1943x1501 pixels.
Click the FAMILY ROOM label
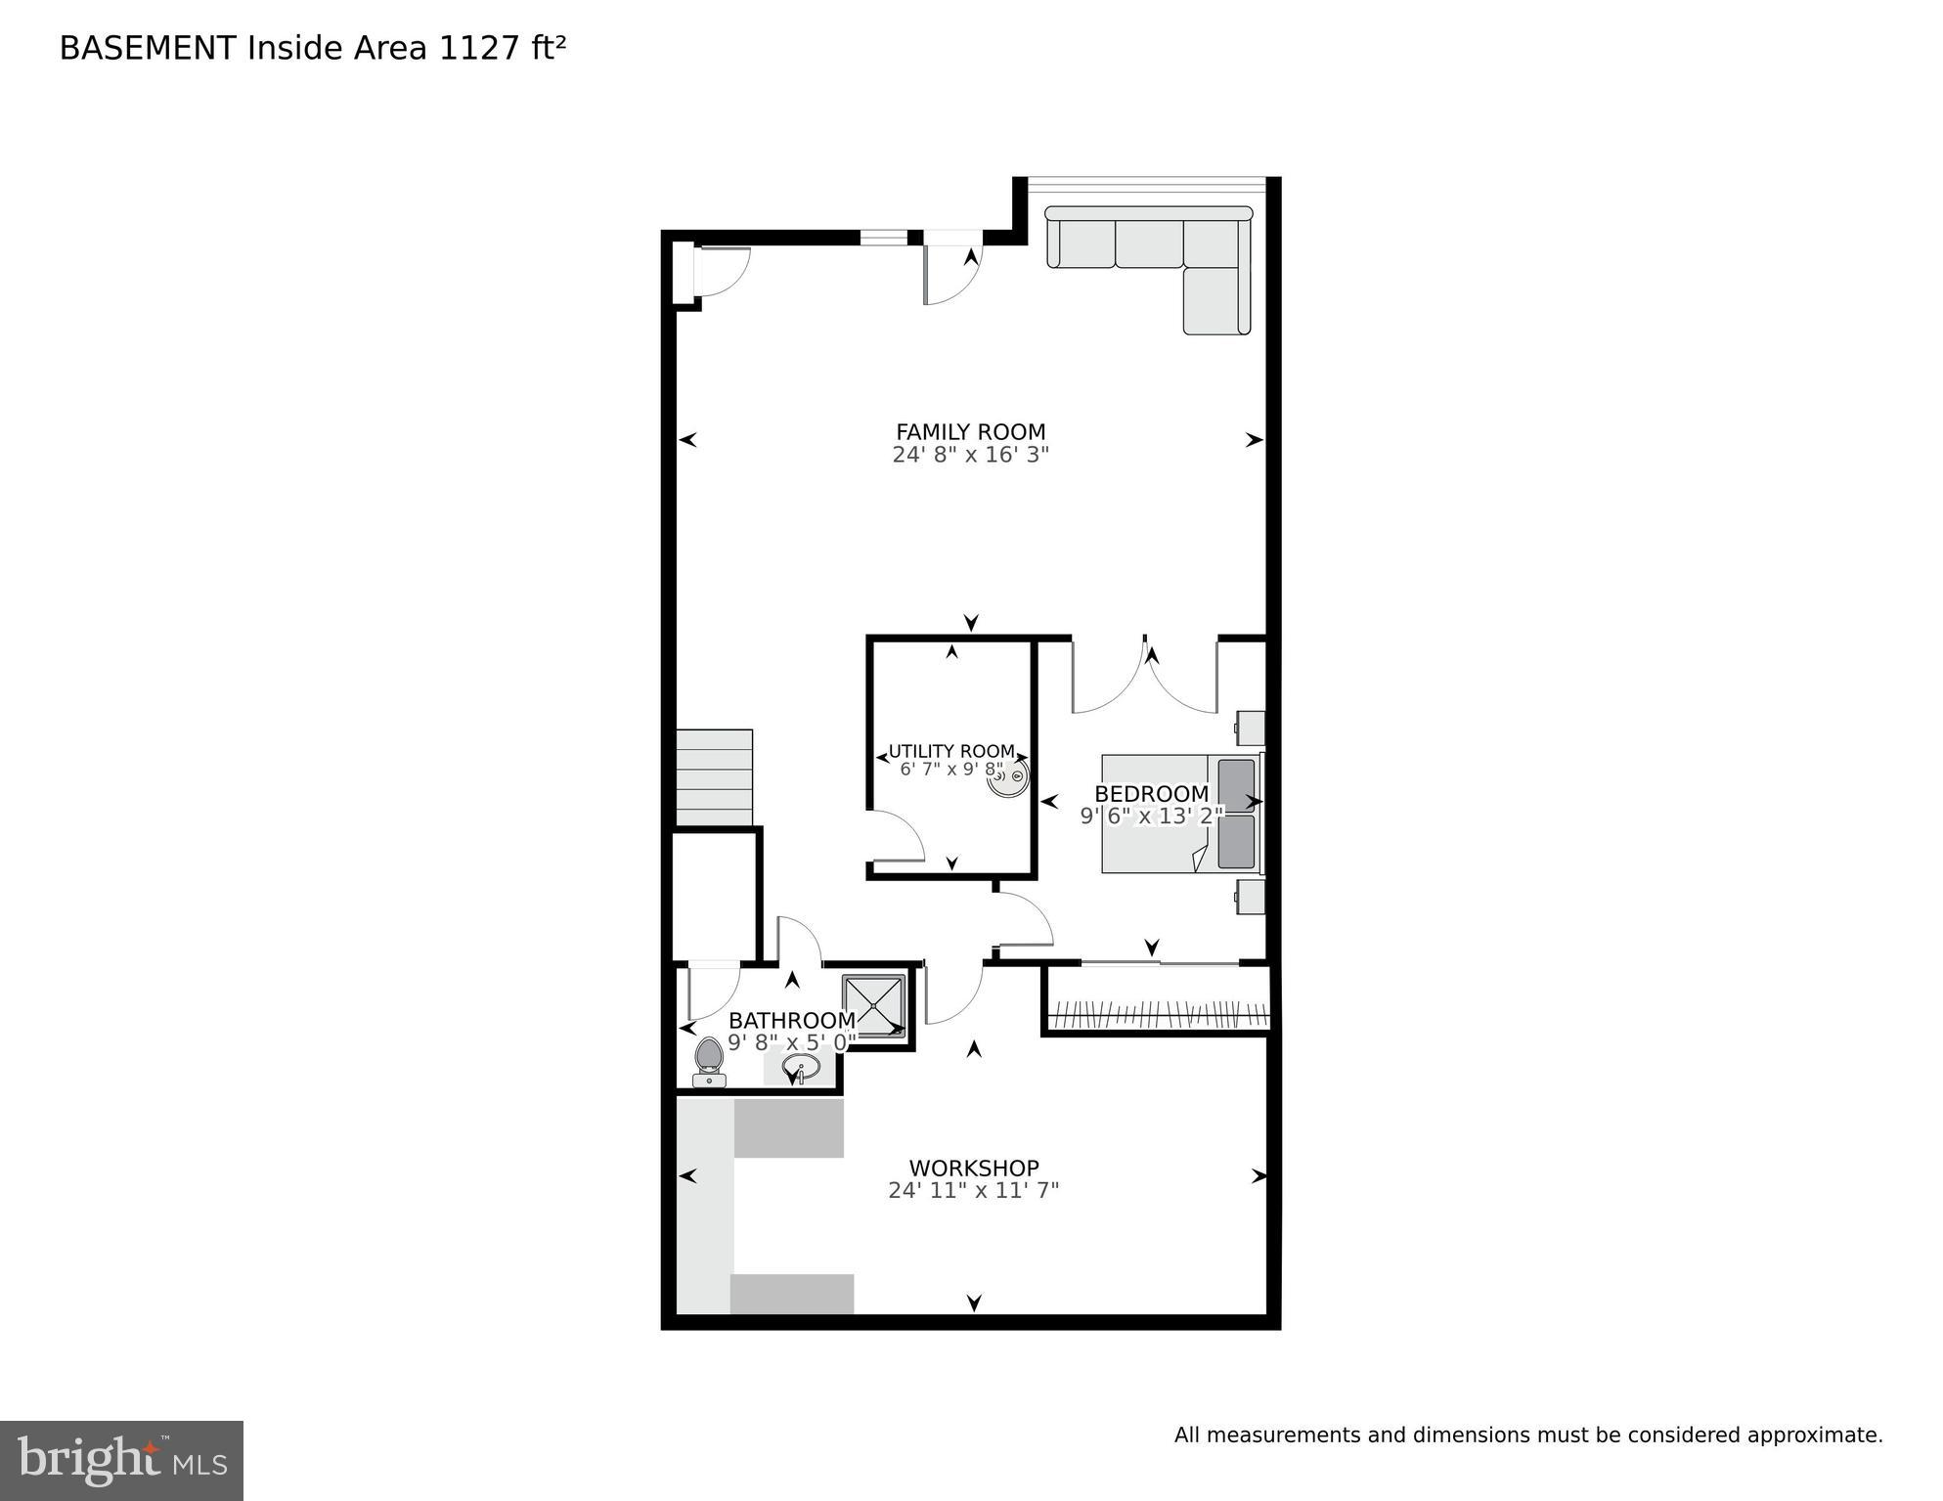(x=970, y=431)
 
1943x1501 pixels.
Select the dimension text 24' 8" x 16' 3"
(x=970, y=455)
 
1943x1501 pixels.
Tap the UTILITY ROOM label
(x=950, y=752)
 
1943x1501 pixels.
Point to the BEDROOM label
(x=1151, y=794)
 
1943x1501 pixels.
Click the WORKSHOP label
(x=973, y=1168)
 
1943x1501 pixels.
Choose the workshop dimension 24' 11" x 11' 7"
(x=973, y=1191)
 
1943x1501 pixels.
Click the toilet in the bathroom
(x=709, y=1061)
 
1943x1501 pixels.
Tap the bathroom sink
(x=801, y=1067)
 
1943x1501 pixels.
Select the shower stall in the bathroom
(x=873, y=1006)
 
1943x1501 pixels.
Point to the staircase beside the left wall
(x=715, y=777)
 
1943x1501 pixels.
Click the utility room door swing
(x=898, y=837)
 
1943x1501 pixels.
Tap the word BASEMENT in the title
(x=148, y=48)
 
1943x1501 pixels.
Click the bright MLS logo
(x=121, y=1460)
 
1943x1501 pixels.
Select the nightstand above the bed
(x=1250, y=728)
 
